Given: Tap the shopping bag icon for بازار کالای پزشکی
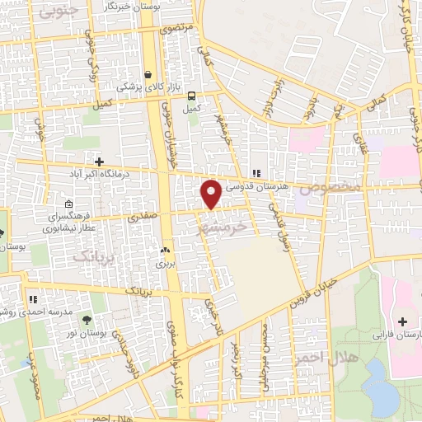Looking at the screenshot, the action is click(x=148, y=73).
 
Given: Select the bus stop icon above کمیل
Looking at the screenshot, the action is click(x=191, y=95).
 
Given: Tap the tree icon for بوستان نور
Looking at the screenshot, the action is click(x=87, y=320).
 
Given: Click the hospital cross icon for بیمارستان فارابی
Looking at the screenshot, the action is click(x=403, y=321).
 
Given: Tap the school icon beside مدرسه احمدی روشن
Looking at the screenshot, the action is click(x=33, y=300).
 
